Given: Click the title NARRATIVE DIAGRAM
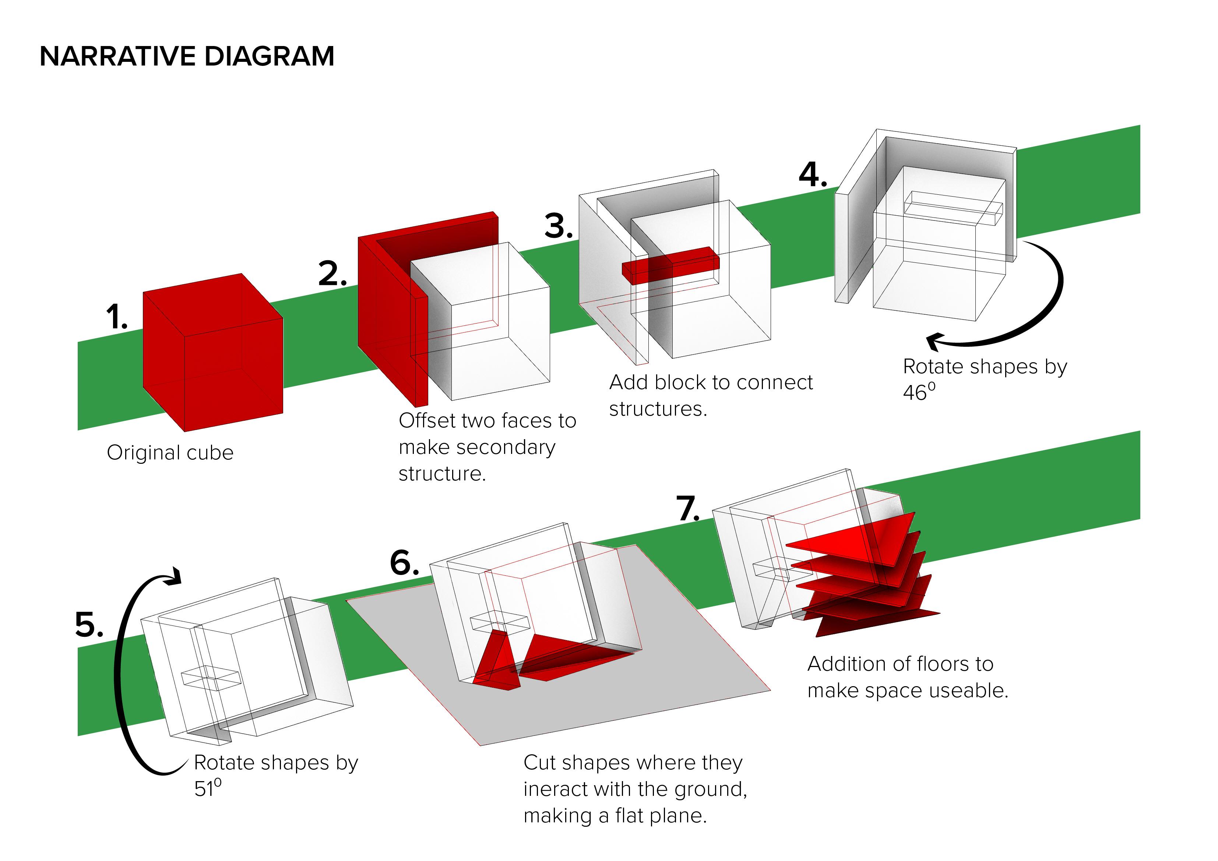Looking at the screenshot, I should tap(187, 56).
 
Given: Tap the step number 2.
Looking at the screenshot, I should tap(332, 274).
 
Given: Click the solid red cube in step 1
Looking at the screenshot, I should tap(212, 353).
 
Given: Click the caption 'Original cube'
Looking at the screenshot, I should tap(170, 452).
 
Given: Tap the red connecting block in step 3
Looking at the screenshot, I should tap(670, 264).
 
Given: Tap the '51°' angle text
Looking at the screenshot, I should tap(207, 788).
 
